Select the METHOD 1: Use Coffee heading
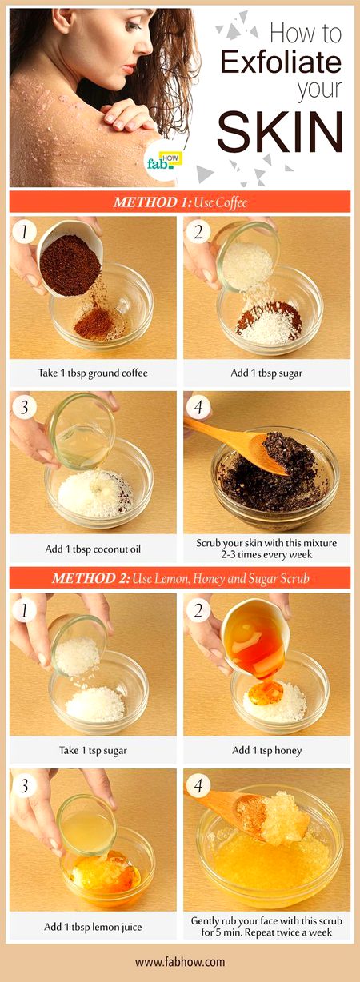(x=180, y=202)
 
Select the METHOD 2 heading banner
(x=180, y=577)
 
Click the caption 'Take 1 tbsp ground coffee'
(x=93, y=373)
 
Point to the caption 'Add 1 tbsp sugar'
(x=266, y=373)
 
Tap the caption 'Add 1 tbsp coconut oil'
(x=93, y=549)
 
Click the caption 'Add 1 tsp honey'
(x=266, y=750)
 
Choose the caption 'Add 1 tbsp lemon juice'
(x=93, y=927)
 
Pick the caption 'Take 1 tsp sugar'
(x=93, y=750)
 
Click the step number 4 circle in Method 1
(x=200, y=408)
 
